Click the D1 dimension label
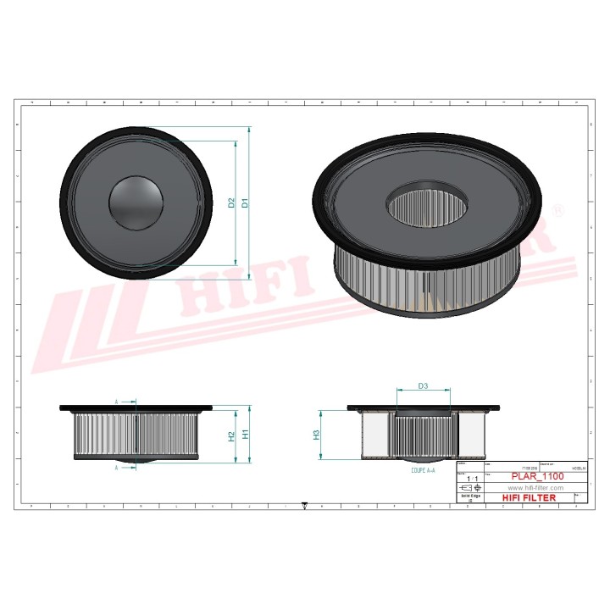244,202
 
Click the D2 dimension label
230,203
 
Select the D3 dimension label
423,386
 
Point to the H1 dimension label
245,434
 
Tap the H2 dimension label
230,436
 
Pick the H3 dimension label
316,435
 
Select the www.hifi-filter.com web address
535,489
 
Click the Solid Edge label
470,496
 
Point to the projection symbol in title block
467,489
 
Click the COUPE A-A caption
423,469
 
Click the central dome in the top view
136,203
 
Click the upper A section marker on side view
116,402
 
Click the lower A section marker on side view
116,467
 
